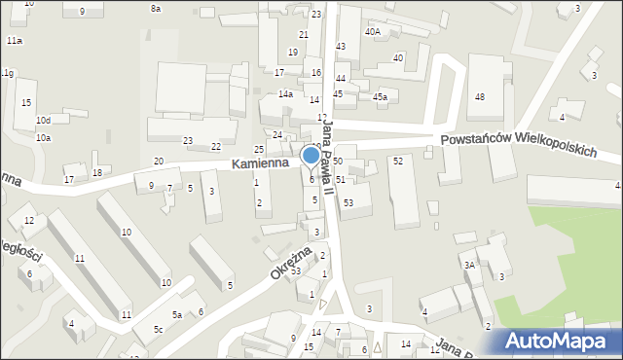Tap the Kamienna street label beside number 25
point(260,164)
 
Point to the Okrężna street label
point(290,263)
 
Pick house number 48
point(479,97)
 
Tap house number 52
point(398,161)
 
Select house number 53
point(348,201)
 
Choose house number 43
point(341,47)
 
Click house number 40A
point(373,31)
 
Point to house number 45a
point(380,97)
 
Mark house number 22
point(216,146)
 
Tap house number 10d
point(43,120)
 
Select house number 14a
point(285,94)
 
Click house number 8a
point(156,8)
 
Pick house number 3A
point(468,265)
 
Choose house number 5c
point(158,330)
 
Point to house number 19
point(293,53)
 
